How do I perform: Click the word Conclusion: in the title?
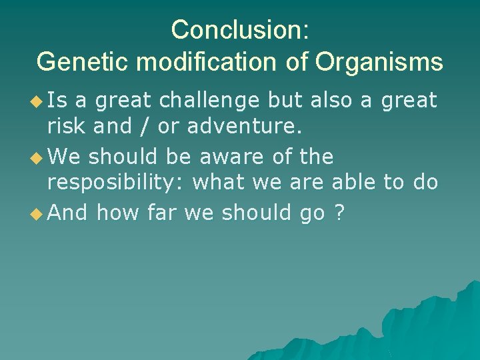point(239,29)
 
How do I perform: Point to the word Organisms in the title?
point(379,62)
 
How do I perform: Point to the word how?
point(118,213)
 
